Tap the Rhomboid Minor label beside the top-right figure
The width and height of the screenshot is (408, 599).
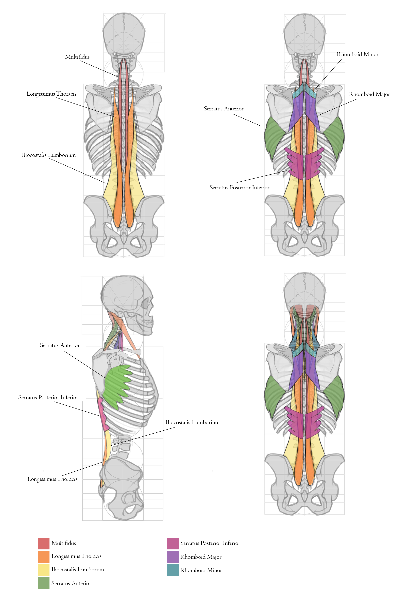coord(358,54)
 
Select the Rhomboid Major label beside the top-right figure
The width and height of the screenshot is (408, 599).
coord(369,94)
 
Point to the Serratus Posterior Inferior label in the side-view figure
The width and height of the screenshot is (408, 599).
coord(48,397)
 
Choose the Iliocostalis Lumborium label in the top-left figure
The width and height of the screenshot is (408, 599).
coord(49,155)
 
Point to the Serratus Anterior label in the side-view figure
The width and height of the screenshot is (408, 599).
coord(60,345)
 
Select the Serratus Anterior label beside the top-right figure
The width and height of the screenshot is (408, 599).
coord(224,109)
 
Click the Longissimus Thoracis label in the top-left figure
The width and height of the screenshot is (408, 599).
coord(52,94)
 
